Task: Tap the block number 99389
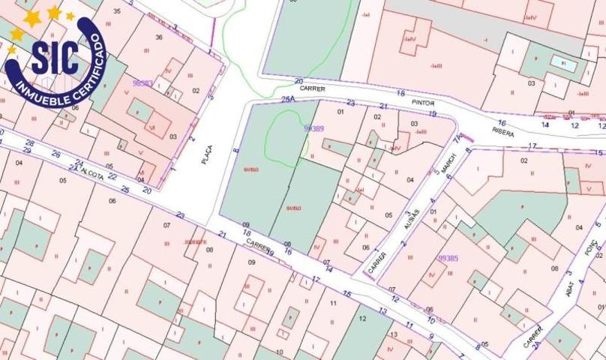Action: coord(313,129)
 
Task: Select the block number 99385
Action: coord(448,258)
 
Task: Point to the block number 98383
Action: coord(142,83)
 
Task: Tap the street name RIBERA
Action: coord(503,131)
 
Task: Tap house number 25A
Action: coord(288,99)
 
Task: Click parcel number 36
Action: coord(159,37)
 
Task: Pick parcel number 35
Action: coord(116,11)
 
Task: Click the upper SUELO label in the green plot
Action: coord(250,170)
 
